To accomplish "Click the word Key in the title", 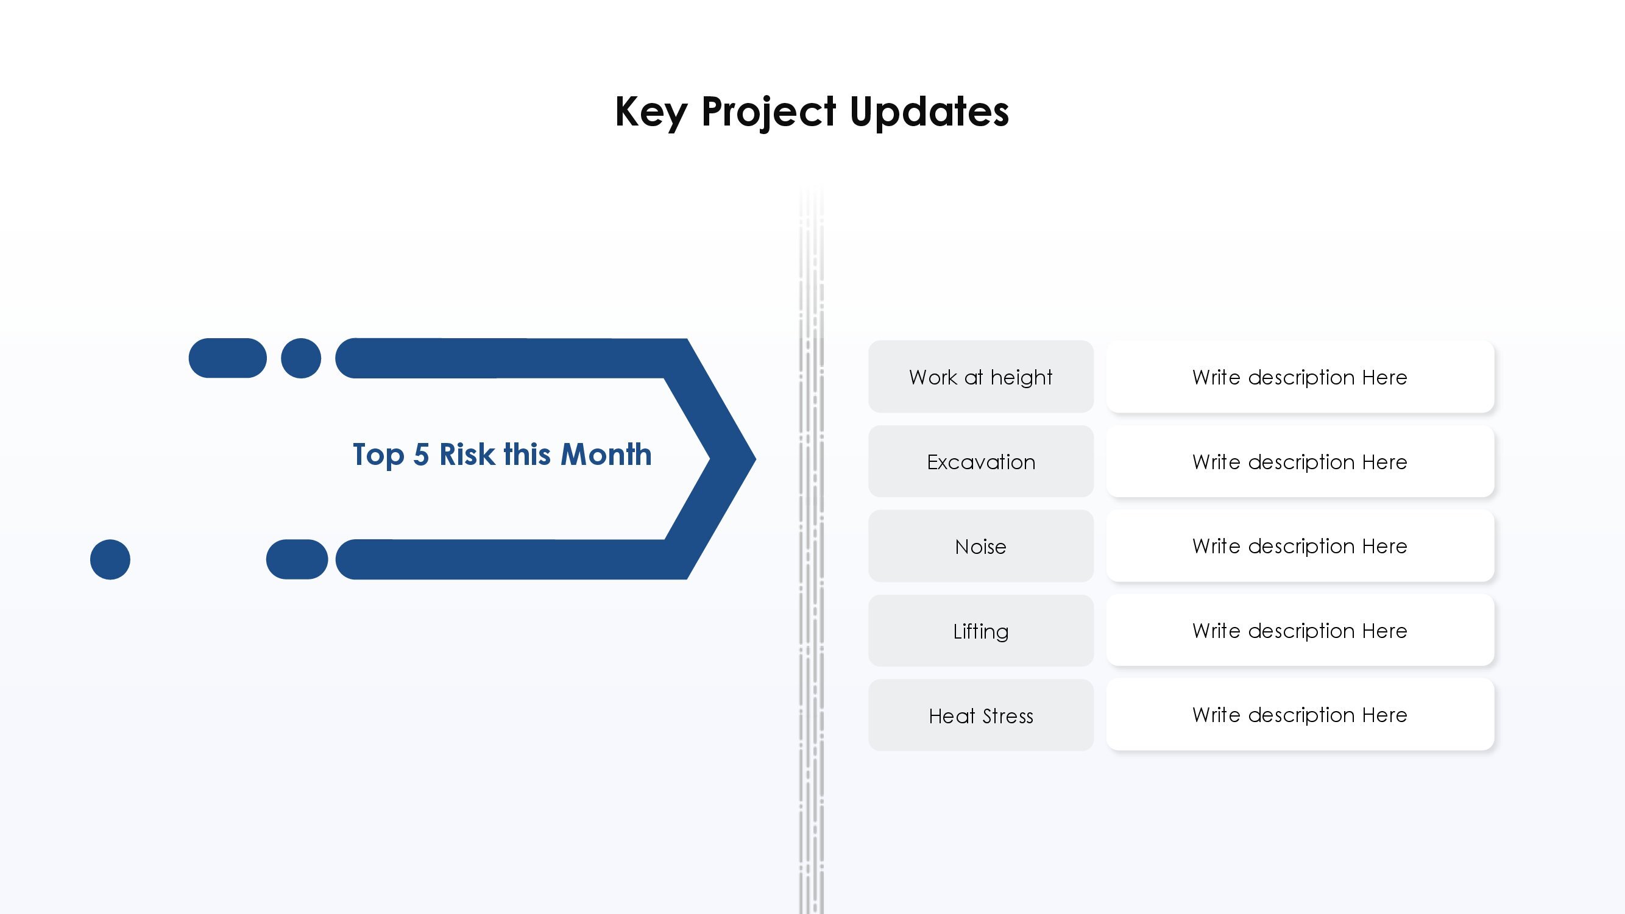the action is click(651, 113).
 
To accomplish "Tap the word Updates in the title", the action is click(929, 113).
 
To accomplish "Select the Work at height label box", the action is click(981, 377).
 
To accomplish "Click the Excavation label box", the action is click(981, 461).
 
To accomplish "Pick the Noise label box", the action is click(981, 545).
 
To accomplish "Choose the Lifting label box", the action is click(981, 630).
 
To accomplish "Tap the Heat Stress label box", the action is click(981, 715).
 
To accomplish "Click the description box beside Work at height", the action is click(1300, 377).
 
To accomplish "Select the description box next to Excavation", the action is click(1300, 461).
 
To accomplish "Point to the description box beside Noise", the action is click(1300, 545).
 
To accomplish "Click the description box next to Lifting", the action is click(1300, 630).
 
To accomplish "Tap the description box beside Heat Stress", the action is click(1300, 715).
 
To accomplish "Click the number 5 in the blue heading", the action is click(422, 455).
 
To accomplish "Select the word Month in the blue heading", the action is click(606, 454).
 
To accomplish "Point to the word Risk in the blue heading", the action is click(467, 454).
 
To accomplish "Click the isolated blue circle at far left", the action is click(110, 559).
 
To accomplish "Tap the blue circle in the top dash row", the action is click(301, 358).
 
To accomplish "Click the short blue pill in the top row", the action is click(228, 358).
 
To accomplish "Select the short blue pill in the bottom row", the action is click(297, 559).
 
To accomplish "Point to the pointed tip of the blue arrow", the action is click(755, 459).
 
